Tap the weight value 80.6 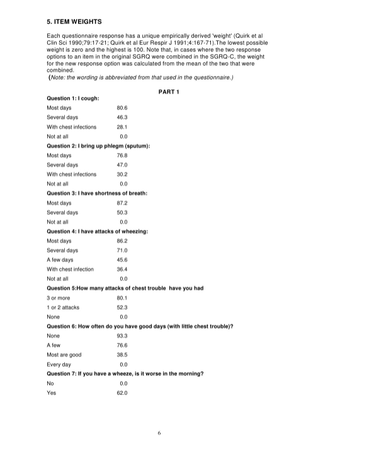tap(122, 108)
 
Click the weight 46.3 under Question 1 tap(122, 117)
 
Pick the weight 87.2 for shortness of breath tap(122, 203)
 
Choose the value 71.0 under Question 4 tap(122, 250)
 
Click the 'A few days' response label tap(60, 259)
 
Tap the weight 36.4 tap(122, 269)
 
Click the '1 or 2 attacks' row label tap(63, 307)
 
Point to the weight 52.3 tap(122, 307)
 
